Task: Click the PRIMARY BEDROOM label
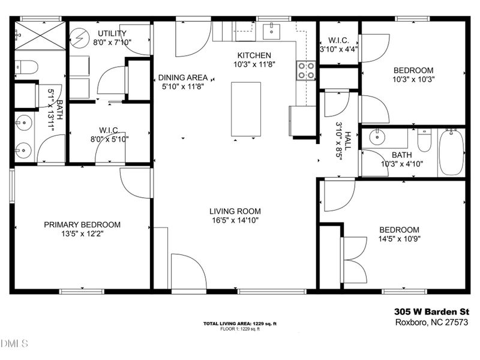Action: [x=82, y=224]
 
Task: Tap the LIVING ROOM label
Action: [x=235, y=211]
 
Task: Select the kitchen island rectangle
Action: [x=246, y=109]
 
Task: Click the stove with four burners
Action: [x=307, y=71]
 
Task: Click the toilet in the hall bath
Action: [x=425, y=142]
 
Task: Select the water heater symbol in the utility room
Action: [x=79, y=38]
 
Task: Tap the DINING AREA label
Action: [x=183, y=77]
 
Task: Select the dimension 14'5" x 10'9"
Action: [x=398, y=239]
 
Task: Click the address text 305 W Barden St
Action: [x=431, y=311]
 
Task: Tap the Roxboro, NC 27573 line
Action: [x=431, y=322]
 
